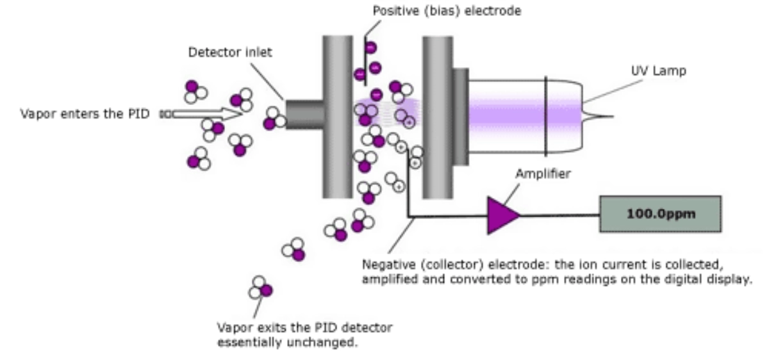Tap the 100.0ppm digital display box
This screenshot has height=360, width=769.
click(659, 214)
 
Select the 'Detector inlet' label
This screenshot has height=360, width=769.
click(229, 53)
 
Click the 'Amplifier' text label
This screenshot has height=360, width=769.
click(542, 174)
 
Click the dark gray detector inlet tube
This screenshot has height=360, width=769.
click(304, 115)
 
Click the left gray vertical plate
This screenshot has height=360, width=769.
click(337, 115)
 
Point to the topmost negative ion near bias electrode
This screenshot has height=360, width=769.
click(371, 47)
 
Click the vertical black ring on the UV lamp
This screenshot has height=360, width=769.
click(545, 115)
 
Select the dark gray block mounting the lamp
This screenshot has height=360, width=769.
click(460, 115)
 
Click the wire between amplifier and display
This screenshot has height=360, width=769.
click(558, 215)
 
